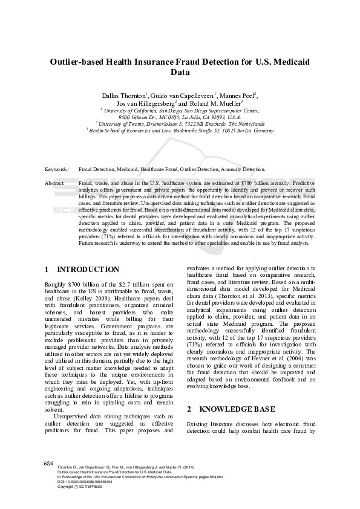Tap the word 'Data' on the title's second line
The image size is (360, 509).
pyautogui.click(x=180, y=73)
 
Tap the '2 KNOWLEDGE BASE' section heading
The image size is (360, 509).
pyautogui.click(x=231, y=409)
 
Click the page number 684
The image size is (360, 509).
pyautogui.click(x=50, y=462)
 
